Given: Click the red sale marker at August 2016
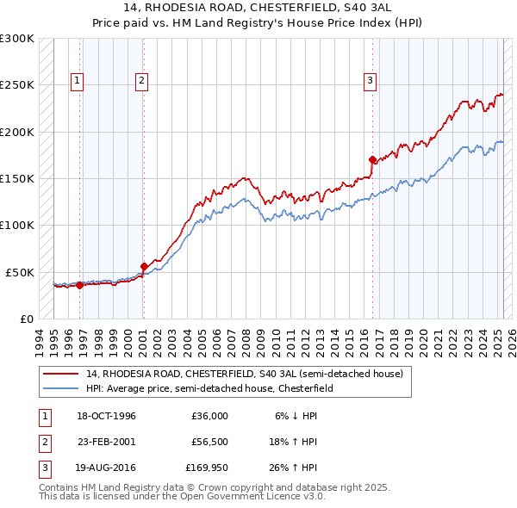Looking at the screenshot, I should [373, 159].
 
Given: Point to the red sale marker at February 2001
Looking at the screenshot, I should [144, 266].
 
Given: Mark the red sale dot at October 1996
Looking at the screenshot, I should [79, 285].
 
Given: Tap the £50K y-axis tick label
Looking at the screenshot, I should [20, 272].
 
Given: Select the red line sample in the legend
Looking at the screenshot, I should [59, 374].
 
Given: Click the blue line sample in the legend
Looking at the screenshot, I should [59, 388].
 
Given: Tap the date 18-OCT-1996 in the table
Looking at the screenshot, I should [107, 416].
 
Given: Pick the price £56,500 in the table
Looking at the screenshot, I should [209, 443].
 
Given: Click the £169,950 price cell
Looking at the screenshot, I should [205, 469].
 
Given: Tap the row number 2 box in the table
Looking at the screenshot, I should [43, 443].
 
